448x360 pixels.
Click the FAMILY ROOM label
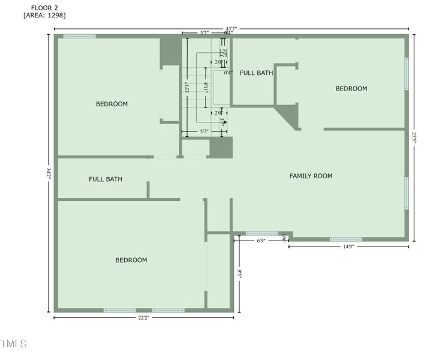(311, 176)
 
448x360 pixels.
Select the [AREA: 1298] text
(44, 16)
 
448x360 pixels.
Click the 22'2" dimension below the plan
(143, 318)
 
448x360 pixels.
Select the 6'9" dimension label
(261, 241)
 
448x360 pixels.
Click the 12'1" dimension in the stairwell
(187, 88)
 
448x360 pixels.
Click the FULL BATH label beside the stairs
(256, 73)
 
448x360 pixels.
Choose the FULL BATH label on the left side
(106, 179)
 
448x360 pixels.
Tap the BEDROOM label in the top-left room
(112, 104)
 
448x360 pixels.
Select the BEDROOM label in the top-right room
(351, 89)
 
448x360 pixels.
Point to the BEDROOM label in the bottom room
(131, 260)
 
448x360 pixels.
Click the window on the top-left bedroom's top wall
(79, 37)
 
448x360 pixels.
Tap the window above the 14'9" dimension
(346, 239)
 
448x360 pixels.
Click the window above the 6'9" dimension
(261, 233)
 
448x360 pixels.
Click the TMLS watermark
(13, 344)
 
